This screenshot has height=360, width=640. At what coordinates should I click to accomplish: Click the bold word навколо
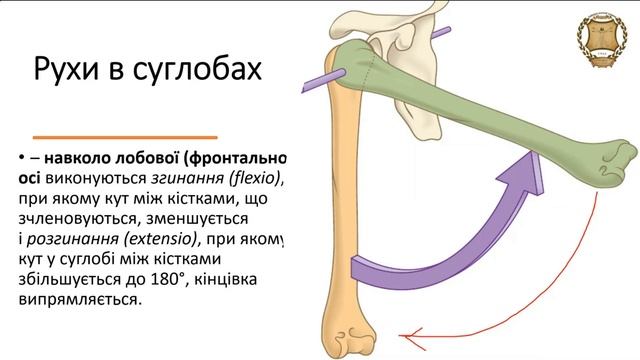click(75, 159)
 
